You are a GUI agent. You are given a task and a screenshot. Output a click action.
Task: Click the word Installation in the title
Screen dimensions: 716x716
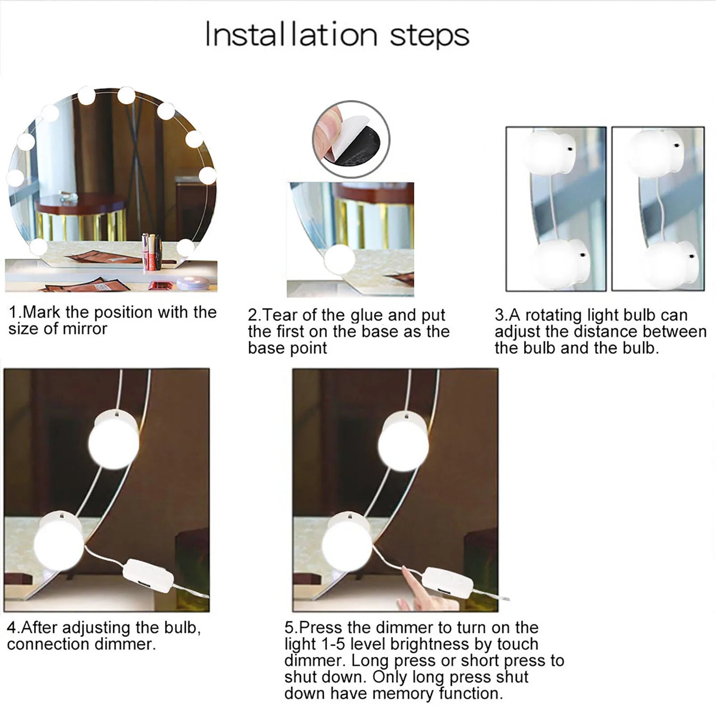tap(292, 35)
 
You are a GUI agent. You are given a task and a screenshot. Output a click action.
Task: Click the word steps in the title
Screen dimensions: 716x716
tap(429, 36)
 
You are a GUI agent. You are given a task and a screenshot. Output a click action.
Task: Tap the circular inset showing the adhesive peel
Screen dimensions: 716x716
tap(351, 139)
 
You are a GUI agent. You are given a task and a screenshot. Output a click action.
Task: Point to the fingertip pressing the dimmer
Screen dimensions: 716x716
tap(405, 569)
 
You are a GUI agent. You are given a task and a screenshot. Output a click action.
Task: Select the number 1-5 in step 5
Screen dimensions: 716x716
tap(334, 644)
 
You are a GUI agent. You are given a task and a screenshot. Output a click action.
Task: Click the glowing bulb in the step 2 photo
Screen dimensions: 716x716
tap(340, 259)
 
